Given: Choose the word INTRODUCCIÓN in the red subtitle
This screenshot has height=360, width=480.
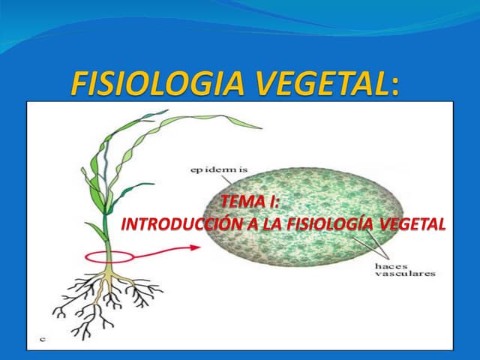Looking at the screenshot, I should pyautogui.click(x=173, y=223).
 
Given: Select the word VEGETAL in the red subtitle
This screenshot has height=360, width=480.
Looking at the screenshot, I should pyautogui.click(x=413, y=223).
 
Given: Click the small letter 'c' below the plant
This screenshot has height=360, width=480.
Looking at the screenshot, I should pyautogui.click(x=43, y=340).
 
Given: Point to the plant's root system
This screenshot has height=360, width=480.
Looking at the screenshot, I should pyautogui.click(x=109, y=300).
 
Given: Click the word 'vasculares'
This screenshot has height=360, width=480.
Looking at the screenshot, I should pyautogui.click(x=404, y=274).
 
